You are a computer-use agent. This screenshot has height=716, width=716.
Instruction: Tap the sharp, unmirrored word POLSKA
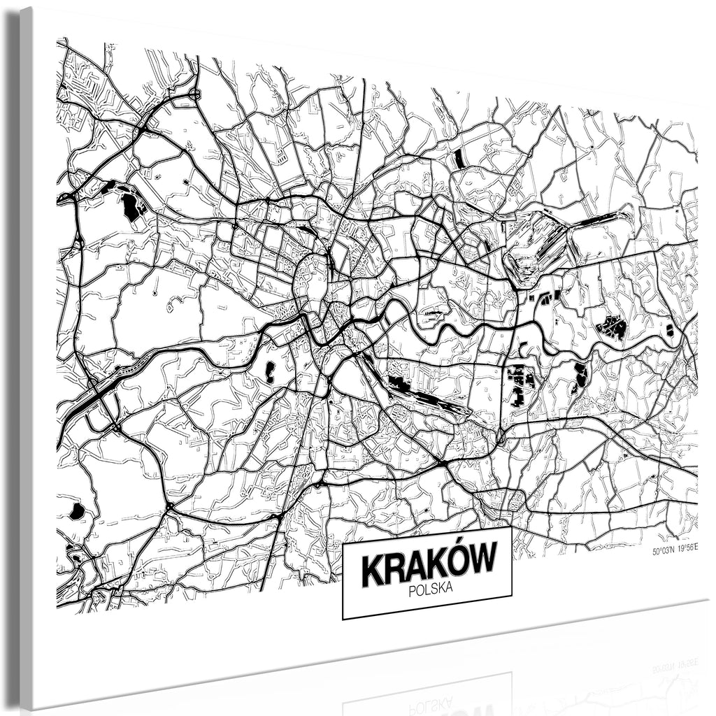[430, 589]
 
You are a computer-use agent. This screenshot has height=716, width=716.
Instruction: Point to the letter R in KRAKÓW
[394, 568]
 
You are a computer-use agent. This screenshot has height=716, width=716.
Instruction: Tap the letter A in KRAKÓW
[416, 565]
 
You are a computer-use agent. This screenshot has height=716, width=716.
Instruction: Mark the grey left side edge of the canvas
[27, 350]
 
